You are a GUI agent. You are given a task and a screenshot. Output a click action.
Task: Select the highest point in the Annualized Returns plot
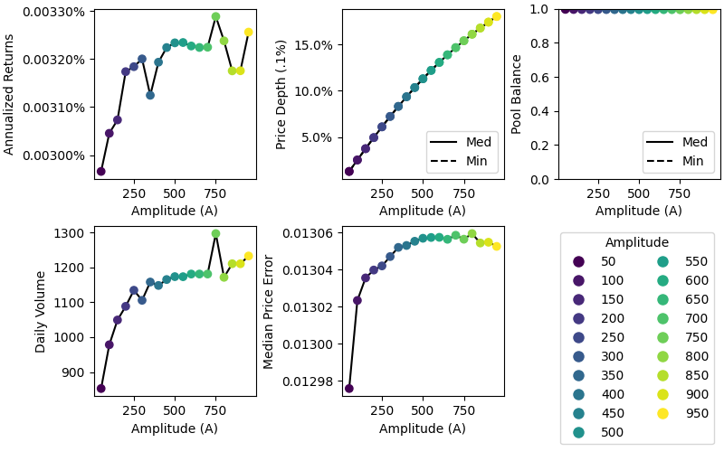(215, 16)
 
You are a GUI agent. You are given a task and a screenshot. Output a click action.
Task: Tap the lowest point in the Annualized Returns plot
(100, 171)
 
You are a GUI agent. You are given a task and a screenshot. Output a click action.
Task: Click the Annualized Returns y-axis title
(10, 94)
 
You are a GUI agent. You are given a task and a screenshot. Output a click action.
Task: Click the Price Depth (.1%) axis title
(281, 94)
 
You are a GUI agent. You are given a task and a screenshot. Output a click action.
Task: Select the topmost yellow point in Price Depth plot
(496, 16)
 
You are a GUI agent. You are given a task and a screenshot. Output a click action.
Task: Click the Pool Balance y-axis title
(517, 94)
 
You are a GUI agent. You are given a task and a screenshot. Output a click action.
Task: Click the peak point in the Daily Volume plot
(215, 233)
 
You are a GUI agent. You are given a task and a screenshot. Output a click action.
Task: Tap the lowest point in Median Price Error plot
(348, 389)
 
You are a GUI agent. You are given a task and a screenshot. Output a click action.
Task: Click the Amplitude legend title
(637, 242)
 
